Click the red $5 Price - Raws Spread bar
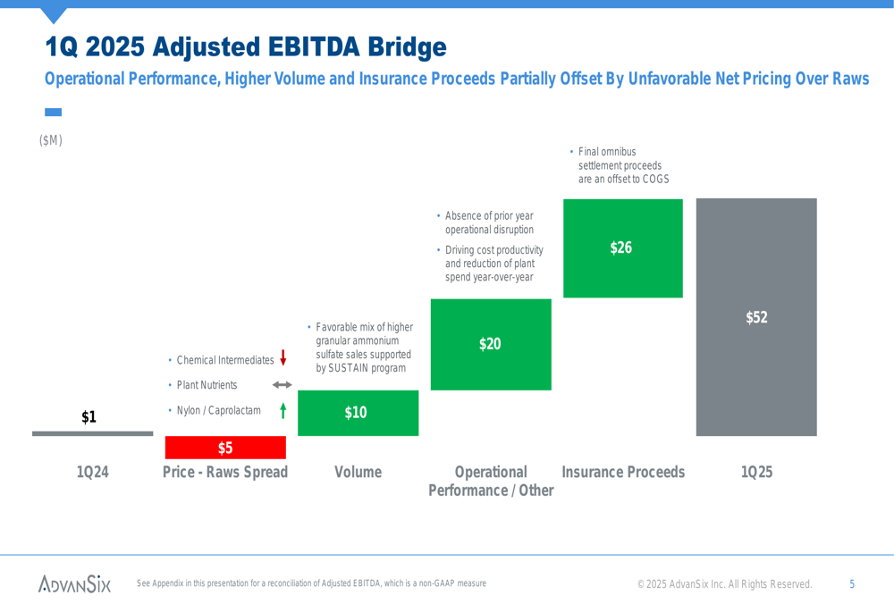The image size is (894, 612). pos(225,448)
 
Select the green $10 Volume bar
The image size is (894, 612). pos(358,413)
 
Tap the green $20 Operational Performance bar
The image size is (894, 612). pos(491,345)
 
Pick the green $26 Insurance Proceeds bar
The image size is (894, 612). pos(623,248)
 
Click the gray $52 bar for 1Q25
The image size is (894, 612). pos(756,317)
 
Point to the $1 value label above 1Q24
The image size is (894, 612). pos(89,417)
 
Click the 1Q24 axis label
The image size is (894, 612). pos(92,472)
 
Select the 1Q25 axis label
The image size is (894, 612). pos(756,472)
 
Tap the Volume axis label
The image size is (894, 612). pos(358,472)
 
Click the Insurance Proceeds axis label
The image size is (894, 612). pos(623,472)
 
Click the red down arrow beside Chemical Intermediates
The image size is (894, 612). pos(283,358)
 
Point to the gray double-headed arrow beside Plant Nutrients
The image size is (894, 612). pos(283,385)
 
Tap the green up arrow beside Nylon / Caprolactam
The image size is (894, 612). pos(283,410)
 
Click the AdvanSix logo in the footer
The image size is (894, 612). pos(75,583)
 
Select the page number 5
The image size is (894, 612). pos(852,584)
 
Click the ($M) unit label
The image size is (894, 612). pos(51,140)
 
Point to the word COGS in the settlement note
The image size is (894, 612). pos(655,179)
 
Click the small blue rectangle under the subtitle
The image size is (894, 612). pos(53,113)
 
